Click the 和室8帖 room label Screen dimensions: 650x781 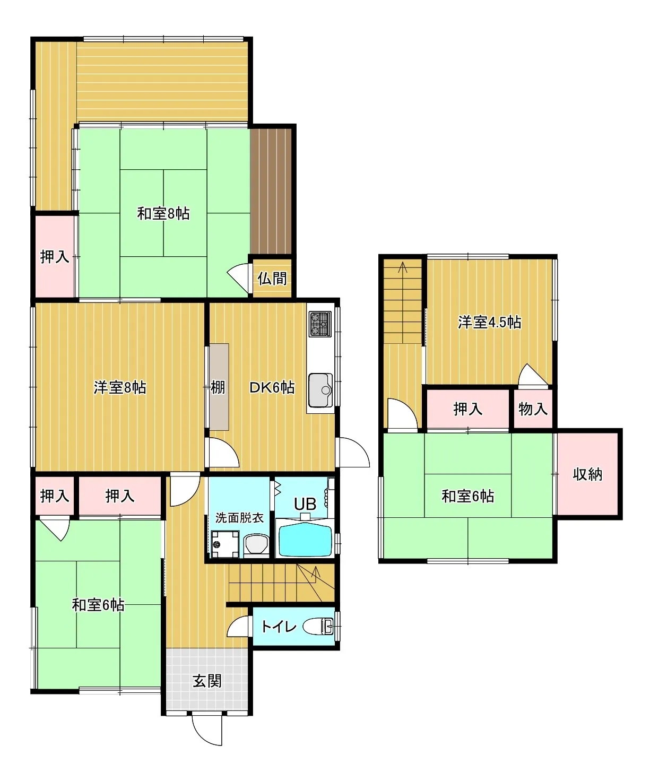pos(163,214)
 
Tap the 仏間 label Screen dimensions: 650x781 pos(272,279)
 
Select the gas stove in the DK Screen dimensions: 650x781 pos(320,324)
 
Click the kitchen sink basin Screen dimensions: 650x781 pos(320,390)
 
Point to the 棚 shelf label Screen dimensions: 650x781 pos(218,387)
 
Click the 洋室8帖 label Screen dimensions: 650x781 pos(120,387)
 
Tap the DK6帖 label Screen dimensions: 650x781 pos(272,387)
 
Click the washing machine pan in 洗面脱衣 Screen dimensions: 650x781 pos(225,544)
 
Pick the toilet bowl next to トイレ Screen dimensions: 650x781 pos(318,627)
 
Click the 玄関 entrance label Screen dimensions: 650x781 pos(207,681)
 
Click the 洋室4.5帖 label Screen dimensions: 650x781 pos(489,322)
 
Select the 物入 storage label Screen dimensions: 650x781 pos(533,409)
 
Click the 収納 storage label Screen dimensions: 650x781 pos(587,474)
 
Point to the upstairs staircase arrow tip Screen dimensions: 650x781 pos(403,263)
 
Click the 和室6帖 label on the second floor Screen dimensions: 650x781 pos(468,497)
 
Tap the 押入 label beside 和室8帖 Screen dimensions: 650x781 pos(55,257)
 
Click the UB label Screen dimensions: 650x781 pos(305,504)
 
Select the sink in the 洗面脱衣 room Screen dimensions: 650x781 pos(256,545)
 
